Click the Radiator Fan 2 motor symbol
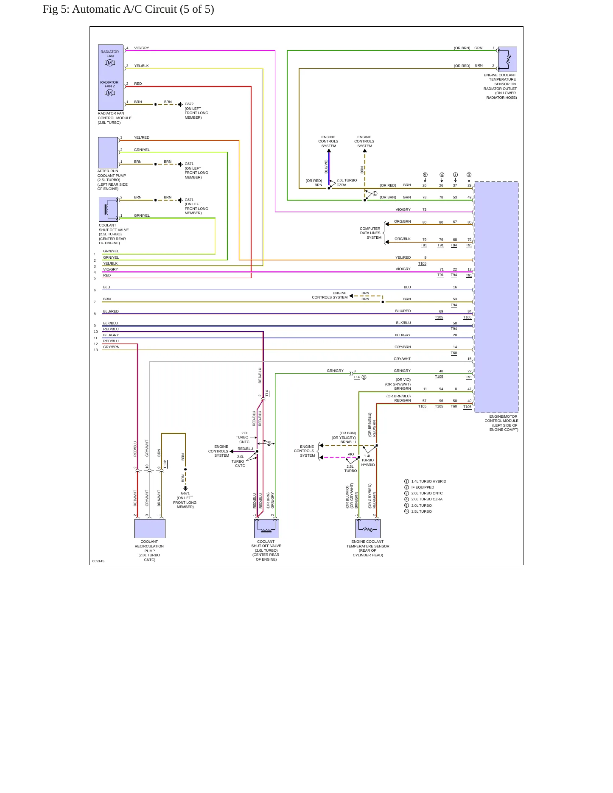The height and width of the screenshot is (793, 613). (110, 93)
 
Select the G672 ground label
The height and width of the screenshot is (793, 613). (189, 104)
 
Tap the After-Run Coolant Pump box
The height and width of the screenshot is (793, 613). (108, 153)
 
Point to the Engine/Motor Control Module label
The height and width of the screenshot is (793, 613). (501, 423)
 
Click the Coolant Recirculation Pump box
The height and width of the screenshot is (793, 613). (150, 528)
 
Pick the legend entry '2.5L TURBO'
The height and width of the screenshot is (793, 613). (421, 511)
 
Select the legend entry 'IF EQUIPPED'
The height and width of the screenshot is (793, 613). (423, 487)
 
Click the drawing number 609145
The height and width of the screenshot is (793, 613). (98, 561)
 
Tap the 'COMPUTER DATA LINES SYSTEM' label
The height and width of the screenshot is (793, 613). (370, 233)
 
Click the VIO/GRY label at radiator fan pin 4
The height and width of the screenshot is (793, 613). (142, 48)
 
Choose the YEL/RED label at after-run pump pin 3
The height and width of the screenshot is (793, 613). (142, 137)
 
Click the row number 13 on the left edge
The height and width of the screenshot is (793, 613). (96, 350)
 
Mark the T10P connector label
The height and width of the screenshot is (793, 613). (165, 464)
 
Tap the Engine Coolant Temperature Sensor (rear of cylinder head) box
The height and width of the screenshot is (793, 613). (368, 528)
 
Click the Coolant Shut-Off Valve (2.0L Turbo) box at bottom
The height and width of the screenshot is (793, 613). (266, 528)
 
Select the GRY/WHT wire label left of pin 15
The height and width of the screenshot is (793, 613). (402, 359)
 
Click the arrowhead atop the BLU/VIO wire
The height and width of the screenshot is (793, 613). (329, 151)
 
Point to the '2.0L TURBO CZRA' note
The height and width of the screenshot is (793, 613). (347, 182)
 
